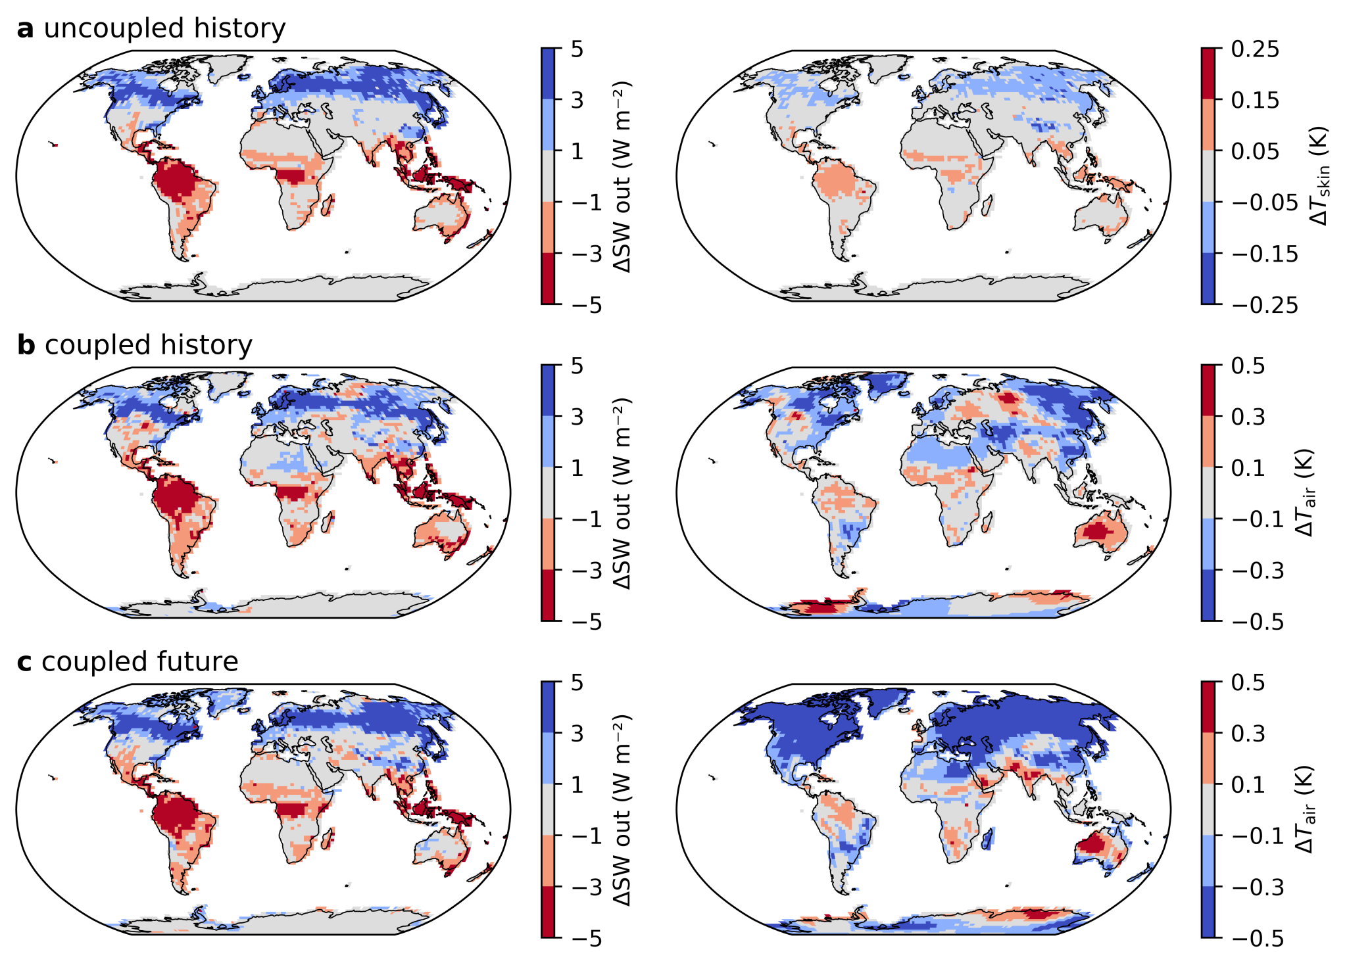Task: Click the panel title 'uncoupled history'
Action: tap(164, 28)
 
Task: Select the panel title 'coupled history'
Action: tap(149, 345)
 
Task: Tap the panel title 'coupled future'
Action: tap(139, 661)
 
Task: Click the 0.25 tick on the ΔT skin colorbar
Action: tap(1255, 49)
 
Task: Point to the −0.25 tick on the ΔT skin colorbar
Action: tap(1264, 305)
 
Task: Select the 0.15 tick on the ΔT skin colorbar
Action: tap(1255, 101)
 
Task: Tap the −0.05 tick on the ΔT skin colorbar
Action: tap(1264, 202)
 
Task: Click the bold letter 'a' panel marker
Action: tap(25, 29)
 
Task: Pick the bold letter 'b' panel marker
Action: tap(26, 345)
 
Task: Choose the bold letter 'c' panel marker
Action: tap(24, 662)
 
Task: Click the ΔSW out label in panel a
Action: tap(622, 176)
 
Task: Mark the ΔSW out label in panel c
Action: tap(622, 810)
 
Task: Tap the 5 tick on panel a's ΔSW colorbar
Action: tap(577, 49)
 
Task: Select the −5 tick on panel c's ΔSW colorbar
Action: tap(585, 939)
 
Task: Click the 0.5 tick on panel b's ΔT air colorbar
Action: tap(1248, 366)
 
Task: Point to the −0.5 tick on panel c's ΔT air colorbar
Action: tap(1257, 939)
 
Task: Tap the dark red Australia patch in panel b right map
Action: tap(1098, 529)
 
